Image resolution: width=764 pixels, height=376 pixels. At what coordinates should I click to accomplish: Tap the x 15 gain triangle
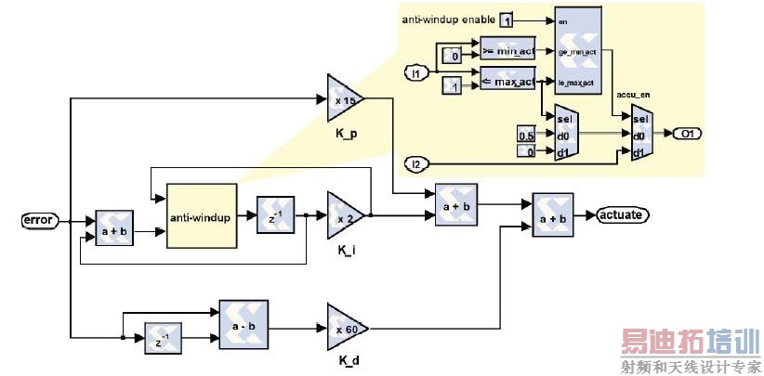click(345, 99)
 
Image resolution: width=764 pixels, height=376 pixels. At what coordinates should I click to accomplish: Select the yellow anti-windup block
click(202, 216)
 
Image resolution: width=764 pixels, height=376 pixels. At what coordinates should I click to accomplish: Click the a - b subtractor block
click(244, 325)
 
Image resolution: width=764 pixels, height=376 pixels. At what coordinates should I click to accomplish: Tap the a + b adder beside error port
click(116, 227)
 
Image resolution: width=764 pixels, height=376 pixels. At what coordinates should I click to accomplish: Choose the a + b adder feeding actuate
click(552, 215)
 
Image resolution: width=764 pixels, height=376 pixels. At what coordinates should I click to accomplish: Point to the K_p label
click(347, 134)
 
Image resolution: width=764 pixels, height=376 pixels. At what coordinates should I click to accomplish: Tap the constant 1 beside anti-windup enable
click(507, 19)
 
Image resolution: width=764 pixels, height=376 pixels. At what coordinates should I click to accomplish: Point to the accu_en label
click(633, 95)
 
